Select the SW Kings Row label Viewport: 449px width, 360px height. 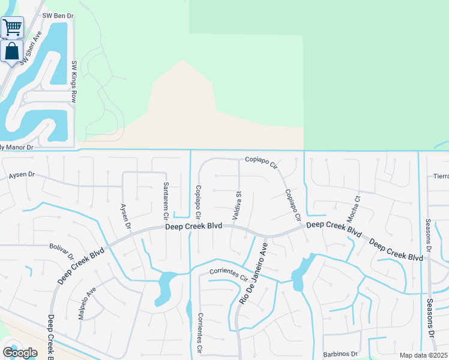tap(74, 82)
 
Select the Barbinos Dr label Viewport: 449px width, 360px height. tap(340, 354)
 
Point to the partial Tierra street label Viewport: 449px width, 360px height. tap(441, 177)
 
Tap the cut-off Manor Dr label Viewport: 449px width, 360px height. tap(17, 146)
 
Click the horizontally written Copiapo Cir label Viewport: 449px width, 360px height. tap(262, 161)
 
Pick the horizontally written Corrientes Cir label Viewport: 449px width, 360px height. tap(229, 274)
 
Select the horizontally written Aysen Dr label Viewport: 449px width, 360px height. tap(23, 176)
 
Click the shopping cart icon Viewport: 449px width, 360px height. tap(11, 26)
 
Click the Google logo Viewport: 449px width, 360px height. tap(20, 353)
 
